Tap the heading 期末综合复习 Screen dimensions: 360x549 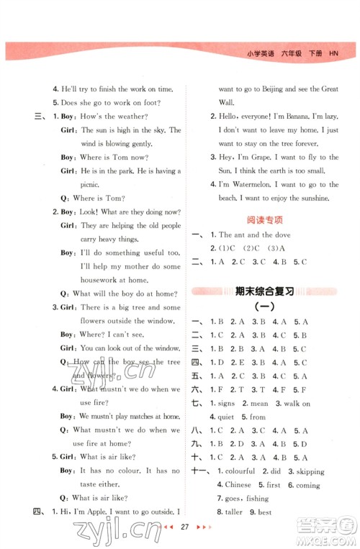(265, 291)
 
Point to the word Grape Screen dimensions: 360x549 (262, 156)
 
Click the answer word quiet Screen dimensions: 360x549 (233, 417)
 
